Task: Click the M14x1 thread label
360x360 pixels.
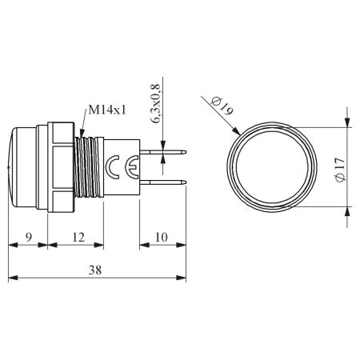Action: [x=107, y=110]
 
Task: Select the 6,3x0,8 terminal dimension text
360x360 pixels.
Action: [x=155, y=103]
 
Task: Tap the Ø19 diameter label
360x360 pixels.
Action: [x=222, y=106]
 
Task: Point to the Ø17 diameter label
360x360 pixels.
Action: [x=340, y=170]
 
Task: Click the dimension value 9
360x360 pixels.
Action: [x=29, y=237]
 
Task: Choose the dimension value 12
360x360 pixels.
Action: [x=78, y=237]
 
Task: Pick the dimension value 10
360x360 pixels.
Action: [x=162, y=237]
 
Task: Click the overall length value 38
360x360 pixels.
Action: [x=95, y=270]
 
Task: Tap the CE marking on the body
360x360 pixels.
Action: [x=122, y=167]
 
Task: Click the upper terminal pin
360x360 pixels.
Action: [x=163, y=152]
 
